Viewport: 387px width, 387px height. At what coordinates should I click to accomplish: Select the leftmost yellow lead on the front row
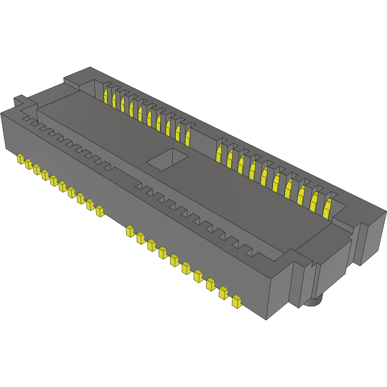point(20,159)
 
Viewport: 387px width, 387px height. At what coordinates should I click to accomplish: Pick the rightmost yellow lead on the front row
point(237,301)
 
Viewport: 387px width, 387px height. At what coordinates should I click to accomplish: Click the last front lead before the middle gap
point(99,211)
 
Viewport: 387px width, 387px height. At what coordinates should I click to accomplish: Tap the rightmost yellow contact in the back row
point(327,209)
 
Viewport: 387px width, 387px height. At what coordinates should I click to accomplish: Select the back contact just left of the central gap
point(188,136)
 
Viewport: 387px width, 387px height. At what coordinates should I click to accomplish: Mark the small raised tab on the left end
point(20,100)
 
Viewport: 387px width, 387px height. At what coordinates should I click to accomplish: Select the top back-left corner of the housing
point(90,68)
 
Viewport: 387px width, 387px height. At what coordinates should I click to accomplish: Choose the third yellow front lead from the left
point(36,169)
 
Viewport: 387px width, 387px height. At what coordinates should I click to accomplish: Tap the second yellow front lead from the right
point(223,292)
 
